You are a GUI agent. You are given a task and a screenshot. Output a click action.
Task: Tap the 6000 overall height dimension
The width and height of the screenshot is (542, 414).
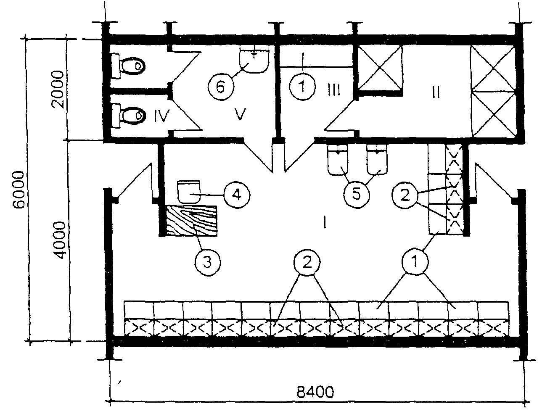19,190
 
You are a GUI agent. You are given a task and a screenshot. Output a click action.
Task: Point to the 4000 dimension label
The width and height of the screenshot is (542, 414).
60,240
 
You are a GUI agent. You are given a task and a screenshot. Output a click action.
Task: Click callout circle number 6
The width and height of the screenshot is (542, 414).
220,87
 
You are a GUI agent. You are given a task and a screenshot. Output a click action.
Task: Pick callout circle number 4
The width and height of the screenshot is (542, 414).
237,195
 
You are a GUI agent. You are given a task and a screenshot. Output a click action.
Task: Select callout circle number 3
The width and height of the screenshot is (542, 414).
207,262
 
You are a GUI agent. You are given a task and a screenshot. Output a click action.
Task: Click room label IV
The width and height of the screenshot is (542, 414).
161,116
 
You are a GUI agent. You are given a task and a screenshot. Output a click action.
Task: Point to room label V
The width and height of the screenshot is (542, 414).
240,114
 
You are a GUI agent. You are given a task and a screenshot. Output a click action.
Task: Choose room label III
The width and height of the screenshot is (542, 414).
334,90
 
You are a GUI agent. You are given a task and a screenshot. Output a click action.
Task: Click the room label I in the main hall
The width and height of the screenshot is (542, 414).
325,222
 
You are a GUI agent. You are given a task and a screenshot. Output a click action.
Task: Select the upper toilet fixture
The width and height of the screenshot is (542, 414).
128,66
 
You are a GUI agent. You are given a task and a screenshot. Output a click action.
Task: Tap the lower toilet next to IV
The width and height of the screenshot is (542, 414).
128,116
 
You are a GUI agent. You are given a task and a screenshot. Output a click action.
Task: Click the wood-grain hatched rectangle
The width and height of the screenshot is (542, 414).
192,221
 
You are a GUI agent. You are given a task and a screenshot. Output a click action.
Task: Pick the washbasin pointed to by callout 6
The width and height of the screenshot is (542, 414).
254,60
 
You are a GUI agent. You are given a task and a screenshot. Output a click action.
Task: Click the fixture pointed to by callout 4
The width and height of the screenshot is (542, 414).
189,192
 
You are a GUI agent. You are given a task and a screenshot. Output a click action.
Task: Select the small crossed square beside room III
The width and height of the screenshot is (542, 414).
380,67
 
